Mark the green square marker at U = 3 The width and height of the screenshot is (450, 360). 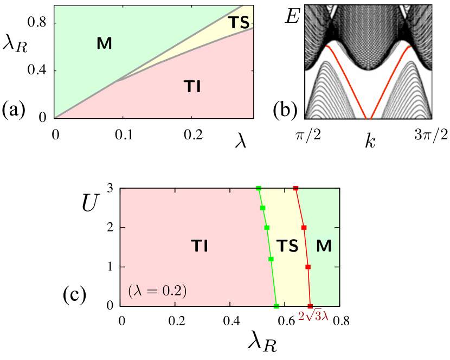259,189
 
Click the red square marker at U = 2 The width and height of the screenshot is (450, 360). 304,228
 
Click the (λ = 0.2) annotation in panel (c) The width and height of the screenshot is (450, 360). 158,291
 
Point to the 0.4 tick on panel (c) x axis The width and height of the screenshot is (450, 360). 230,320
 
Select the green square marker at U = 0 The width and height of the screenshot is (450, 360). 277,306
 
